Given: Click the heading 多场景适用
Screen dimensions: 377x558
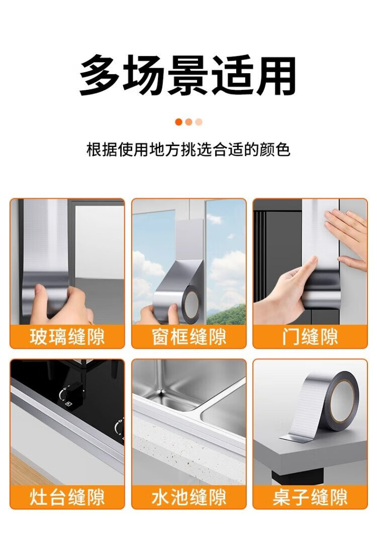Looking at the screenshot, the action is (x=187, y=75).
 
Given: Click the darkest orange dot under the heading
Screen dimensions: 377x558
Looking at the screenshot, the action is (x=179, y=122).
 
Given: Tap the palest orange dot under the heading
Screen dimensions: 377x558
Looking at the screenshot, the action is (x=199, y=122).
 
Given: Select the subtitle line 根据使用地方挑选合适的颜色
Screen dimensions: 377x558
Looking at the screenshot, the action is (x=188, y=150).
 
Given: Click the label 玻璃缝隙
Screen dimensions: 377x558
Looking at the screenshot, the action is (x=67, y=337).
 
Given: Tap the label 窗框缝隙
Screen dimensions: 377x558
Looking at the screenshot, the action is (x=189, y=337).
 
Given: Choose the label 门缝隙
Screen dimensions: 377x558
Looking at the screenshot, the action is (x=310, y=337).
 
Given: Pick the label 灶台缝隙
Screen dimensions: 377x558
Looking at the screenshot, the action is (x=67, y=497).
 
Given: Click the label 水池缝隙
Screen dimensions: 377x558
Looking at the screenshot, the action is (x=189, y=497).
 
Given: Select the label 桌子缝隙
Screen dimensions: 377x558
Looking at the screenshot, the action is (x=310, y=497).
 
